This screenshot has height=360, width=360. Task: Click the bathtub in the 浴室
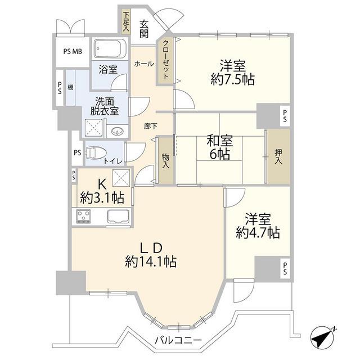coord(110,49)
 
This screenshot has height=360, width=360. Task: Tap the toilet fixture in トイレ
coord(96,153)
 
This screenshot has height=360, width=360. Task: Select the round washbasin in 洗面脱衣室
coord(118,132)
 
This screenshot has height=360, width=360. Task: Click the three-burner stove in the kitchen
coord(84,216)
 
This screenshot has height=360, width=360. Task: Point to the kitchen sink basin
coord(118,216)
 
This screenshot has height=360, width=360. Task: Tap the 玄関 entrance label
coord(144,29)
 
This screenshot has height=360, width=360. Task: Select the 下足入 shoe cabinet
coord(126,22)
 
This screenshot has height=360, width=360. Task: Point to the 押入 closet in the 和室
coord(278,156)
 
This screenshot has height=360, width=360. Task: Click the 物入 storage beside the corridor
coord(165,160)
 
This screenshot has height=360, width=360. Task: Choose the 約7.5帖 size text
coord(232,80)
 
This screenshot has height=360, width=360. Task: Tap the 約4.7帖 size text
coord(258,233)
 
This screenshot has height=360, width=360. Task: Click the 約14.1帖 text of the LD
coord(151,262)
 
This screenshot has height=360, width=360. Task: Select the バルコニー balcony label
coord(178,340)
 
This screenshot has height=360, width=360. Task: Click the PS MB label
coord(73,51)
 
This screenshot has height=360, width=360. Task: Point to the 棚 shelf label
coord(70,88)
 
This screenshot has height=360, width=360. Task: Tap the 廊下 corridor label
coord(151,126)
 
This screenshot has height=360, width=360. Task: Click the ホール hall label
coord(144,64)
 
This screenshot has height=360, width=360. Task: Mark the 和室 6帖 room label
coord(220,147)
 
